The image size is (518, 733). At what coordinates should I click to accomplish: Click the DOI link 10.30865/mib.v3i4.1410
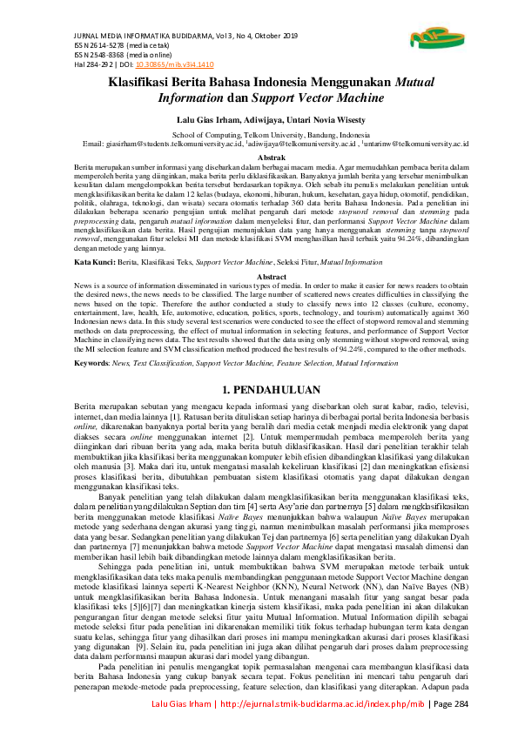186,64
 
